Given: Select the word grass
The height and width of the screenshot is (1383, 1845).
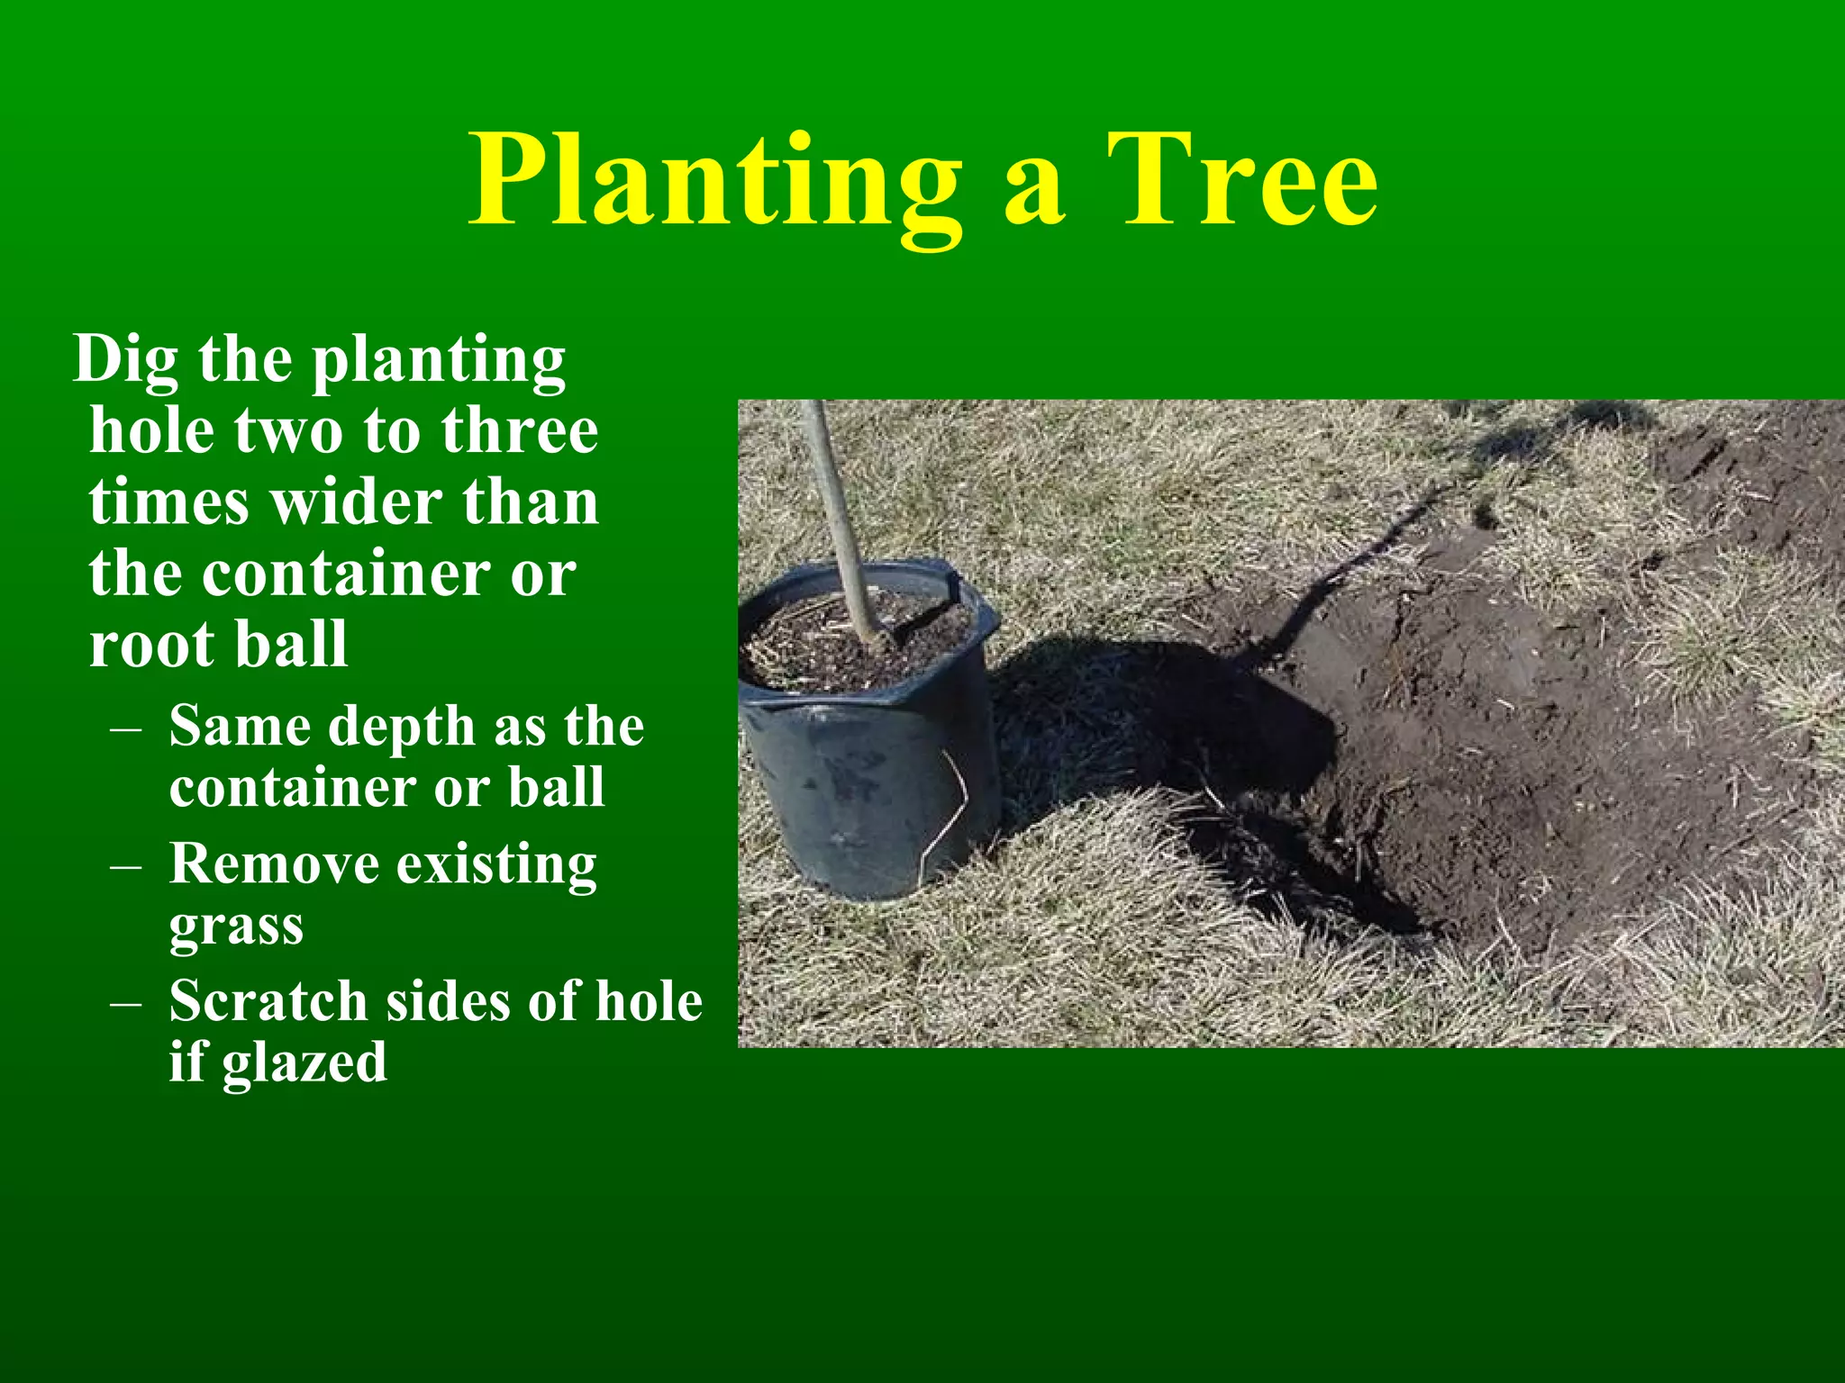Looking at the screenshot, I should (x=236, y=926).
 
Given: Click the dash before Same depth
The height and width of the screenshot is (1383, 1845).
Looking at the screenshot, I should (x=125, y=728).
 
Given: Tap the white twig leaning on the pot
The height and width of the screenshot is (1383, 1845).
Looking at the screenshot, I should (x=946, y=810).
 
